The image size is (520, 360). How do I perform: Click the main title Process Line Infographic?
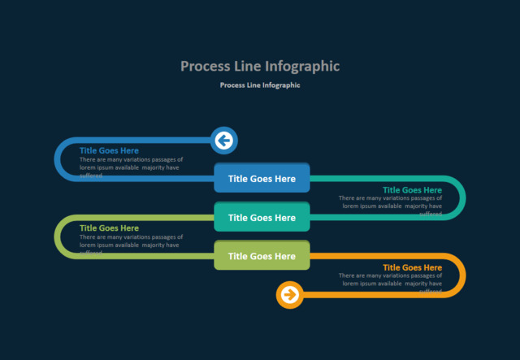(x=260, y=66)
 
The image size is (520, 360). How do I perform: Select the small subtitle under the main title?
(x=260, y=85)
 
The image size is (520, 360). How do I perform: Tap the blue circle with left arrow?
(x=223, y=141)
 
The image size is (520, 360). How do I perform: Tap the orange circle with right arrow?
(x=290, y=294)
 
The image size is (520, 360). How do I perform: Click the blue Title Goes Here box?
(x=262, y=179)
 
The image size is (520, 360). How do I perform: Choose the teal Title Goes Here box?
(x=262, y=218)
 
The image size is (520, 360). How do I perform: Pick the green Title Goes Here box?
(x=262, y=256)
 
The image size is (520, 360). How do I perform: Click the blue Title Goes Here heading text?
(x=109, y=150)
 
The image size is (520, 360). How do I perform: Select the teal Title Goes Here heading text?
(x=412, y=190)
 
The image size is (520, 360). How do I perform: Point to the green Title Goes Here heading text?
(x=109, y=228)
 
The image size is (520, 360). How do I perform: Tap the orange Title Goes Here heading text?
(x=412, y=267)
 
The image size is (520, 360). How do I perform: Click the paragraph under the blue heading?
(x=131, y=164)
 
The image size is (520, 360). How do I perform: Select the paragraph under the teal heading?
(x=391, y=202)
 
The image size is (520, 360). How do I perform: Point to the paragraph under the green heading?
(x=131, y=241)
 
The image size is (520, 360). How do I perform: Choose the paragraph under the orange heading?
(x=391, y=280)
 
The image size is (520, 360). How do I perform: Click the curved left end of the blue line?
(x=57, y=158)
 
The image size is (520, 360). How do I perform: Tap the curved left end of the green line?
(x=57, y=236)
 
